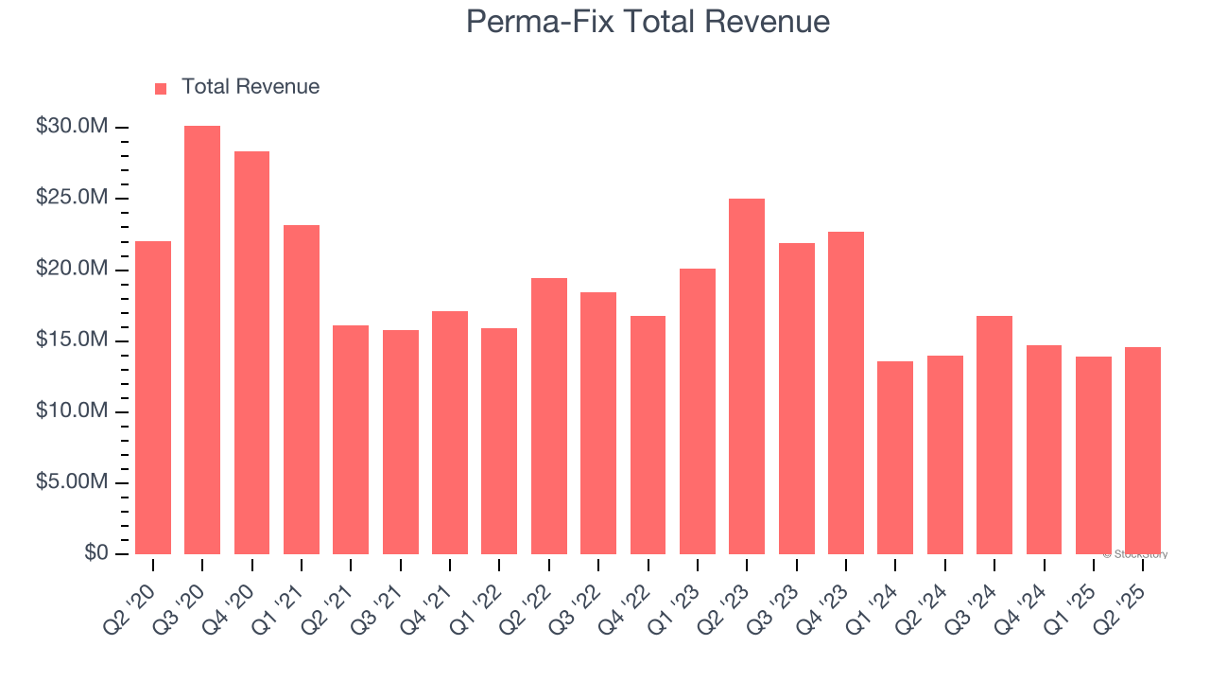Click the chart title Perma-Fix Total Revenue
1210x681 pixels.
pyautogui.click(x=648, y=22)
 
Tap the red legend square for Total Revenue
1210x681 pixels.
pyautogui.click(x=161, y=88)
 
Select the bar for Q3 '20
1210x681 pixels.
pyautogui.click(x=202, y=340)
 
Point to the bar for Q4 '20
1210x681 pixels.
pyautogui.click(x=251, y=352)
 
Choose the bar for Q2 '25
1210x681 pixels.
pyautogui.click(x=1143, y=450)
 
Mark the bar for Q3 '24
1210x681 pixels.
pyautogui.click(x=994, y=434)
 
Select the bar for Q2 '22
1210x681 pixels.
pyautogui.click(x=549, y=415)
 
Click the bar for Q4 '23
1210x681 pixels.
pyautogui.click(x=846, y=393)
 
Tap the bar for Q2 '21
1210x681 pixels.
pyautogui.click(x=351, y=439)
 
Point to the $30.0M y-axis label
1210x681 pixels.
pyautogui.click(x=71, y=127)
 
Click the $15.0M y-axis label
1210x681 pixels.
pyautogui.click(x=71, y=340)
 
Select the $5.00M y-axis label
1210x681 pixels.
pyautogui.click(x=71, y=482)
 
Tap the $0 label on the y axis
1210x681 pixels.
pyautogui.click(x=95, y=553)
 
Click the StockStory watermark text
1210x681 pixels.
pyautogui.click(x=1135, y=554)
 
